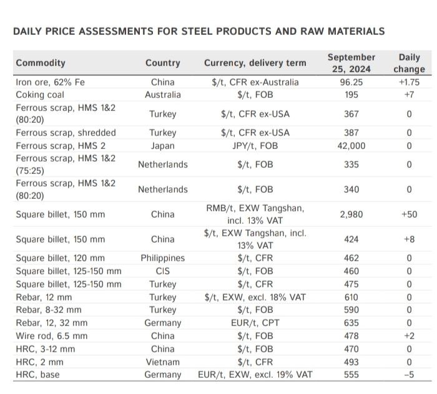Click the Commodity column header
41,63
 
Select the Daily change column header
409,63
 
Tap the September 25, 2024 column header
351,63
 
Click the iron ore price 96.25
351,82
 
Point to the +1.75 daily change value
409,82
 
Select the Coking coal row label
40,95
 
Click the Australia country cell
163,95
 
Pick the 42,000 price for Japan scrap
351,146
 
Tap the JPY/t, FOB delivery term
255,146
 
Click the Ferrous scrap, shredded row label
66,133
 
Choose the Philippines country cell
163,258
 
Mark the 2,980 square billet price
351,214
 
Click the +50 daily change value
409,214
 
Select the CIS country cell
163,271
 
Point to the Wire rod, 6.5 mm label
52,336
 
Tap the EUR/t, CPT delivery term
255,323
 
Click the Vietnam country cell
163,362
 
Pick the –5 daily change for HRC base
409,375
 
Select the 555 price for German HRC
351,375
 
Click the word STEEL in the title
197,31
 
